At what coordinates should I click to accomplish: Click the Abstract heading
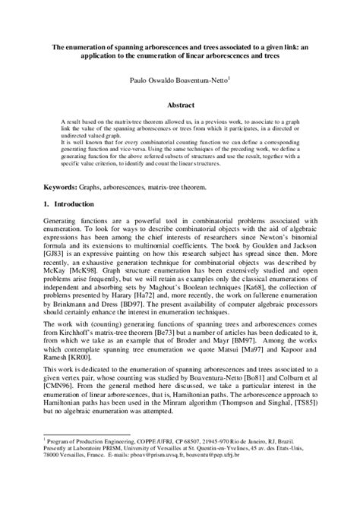pos(181,106)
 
